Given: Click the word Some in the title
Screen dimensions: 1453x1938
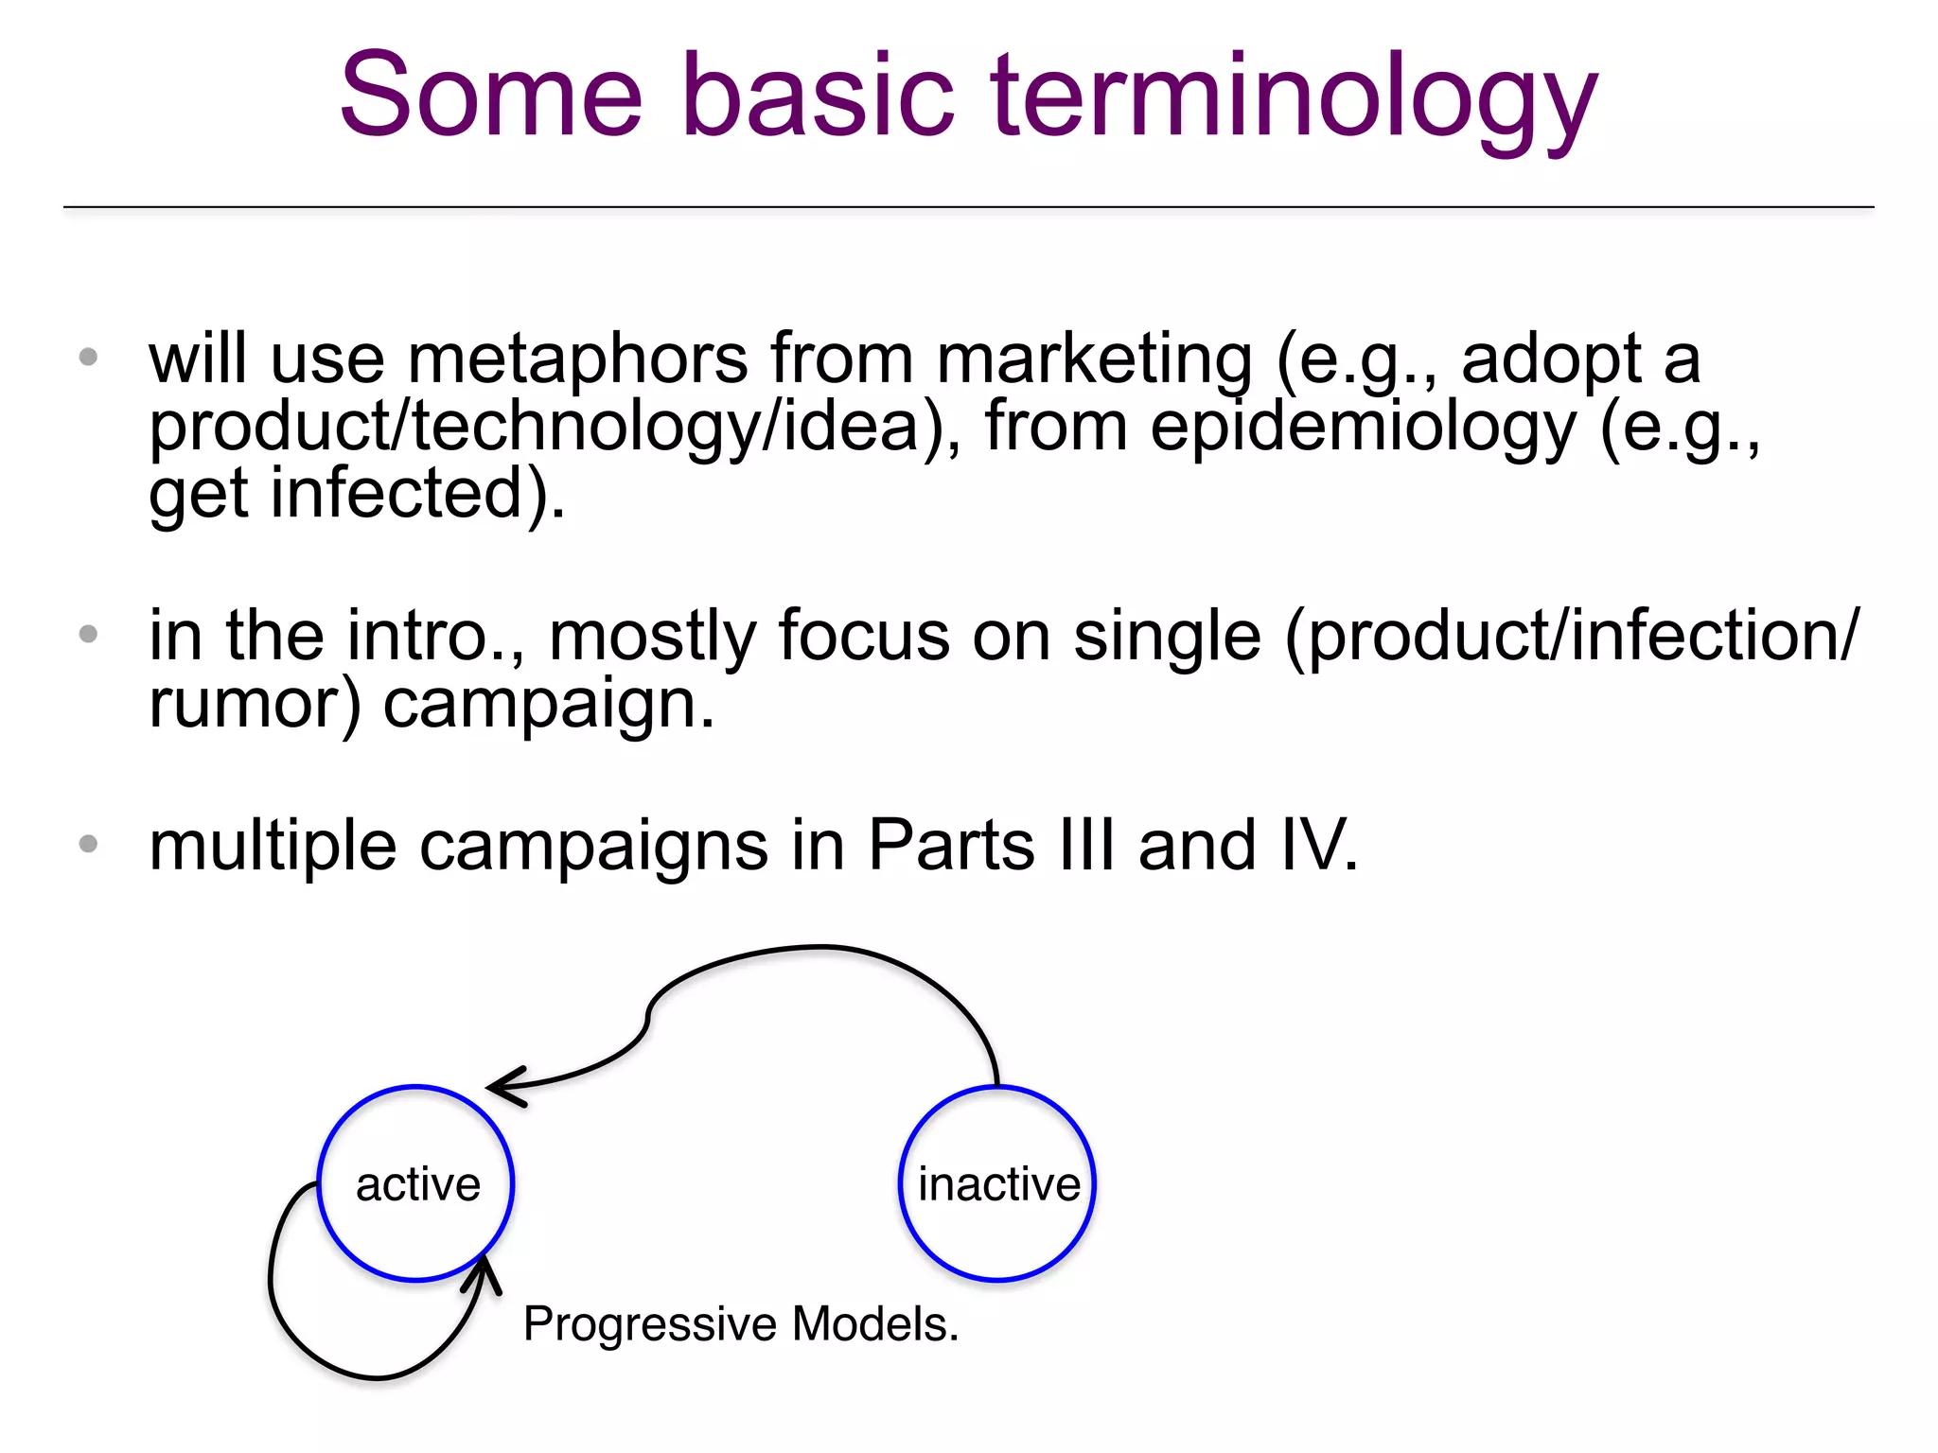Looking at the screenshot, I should point(491,97).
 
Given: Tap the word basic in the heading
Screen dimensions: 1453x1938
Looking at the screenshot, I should point(818,97).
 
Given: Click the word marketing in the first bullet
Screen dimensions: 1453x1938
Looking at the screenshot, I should point(1094,359).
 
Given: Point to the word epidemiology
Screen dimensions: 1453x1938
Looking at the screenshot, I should point(1363,428).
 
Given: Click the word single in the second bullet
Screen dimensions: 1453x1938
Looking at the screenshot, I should point(1167,636).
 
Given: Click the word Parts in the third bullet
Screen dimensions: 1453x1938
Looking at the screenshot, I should point(950,845).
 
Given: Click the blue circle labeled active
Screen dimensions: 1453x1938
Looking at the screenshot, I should point(416,1183).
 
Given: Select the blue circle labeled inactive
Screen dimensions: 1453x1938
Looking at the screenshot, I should point(997,1183).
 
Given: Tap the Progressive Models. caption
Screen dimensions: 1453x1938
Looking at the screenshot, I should point(741,1323).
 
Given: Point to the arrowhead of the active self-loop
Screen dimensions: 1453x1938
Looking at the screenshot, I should point(483,1270).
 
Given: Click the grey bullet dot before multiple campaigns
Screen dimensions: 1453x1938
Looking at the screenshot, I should point(89,844).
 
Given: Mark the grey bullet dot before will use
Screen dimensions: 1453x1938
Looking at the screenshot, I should point(89,358).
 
